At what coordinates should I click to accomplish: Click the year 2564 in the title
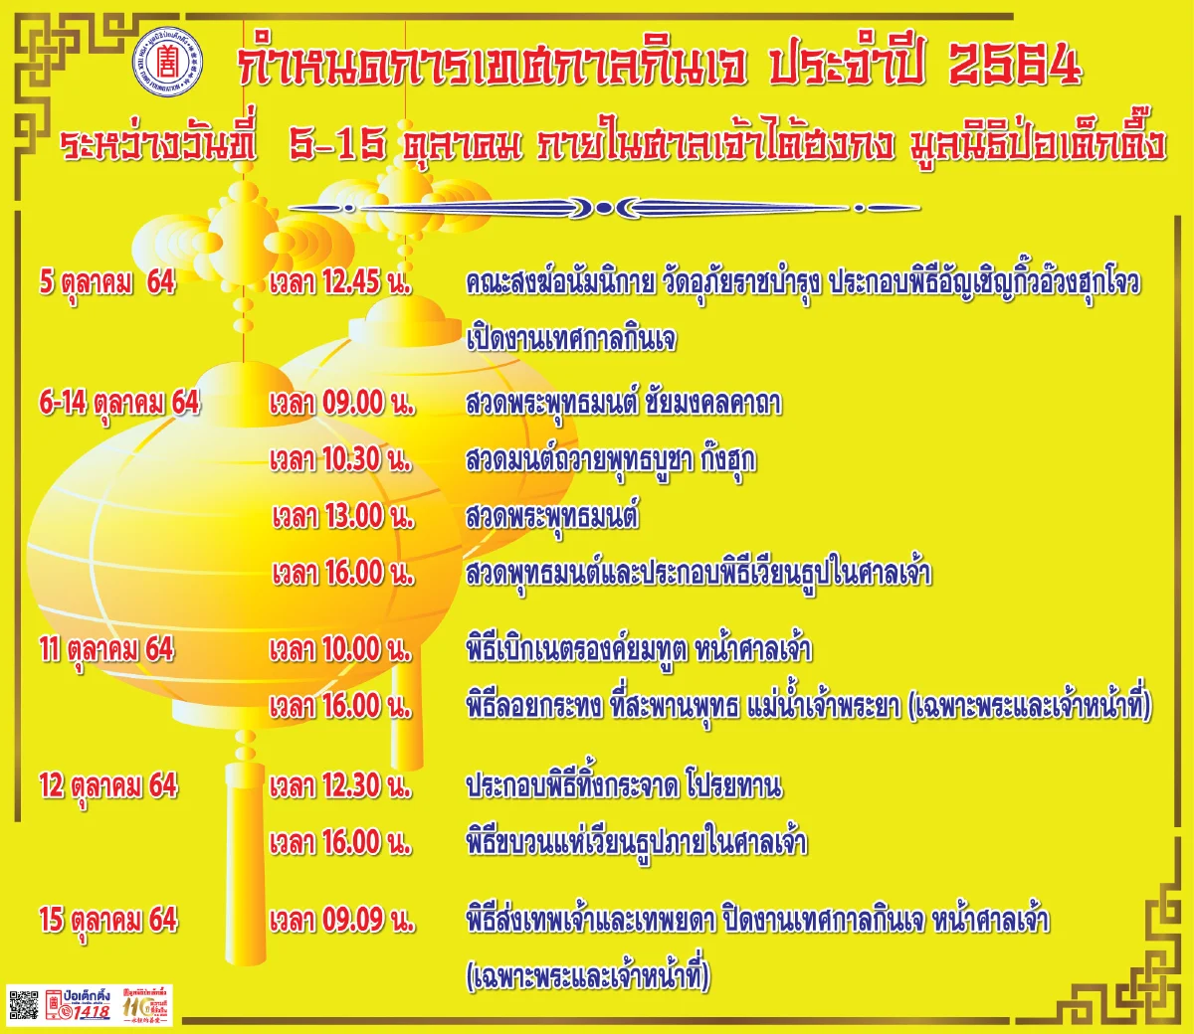[1014, 66]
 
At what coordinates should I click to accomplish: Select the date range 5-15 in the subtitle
[337, 145]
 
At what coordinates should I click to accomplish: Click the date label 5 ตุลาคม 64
[107, 282]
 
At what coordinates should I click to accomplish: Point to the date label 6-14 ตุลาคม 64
[119, 403]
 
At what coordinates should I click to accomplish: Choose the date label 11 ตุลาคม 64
[106, 650]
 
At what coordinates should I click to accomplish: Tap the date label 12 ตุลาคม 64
[108, 786]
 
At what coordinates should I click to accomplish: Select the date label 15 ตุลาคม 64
[108, 920]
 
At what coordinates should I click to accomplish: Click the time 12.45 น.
[340, 282]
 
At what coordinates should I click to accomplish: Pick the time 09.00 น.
[341, 403]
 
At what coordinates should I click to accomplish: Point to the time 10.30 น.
[341, 459]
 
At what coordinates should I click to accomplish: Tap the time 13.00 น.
[343, 516]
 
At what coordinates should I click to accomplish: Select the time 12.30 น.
[340, 786]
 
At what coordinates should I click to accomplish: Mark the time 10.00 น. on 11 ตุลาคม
[340, 650]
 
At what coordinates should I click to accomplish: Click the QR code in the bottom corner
[24, 1006]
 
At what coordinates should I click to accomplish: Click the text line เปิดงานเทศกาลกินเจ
[571, 339]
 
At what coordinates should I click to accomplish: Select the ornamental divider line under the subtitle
[603, 208]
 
